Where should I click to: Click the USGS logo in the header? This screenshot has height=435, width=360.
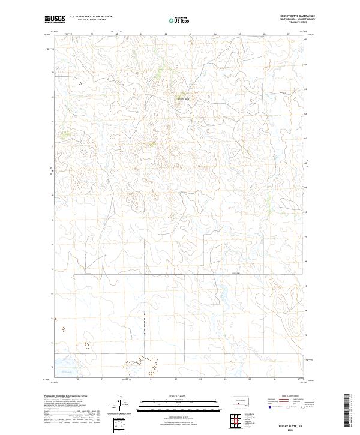pos(53,19)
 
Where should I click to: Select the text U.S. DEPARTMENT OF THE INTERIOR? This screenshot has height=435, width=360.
pos(91,16)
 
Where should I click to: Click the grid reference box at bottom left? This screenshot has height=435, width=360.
pos(120,425)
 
